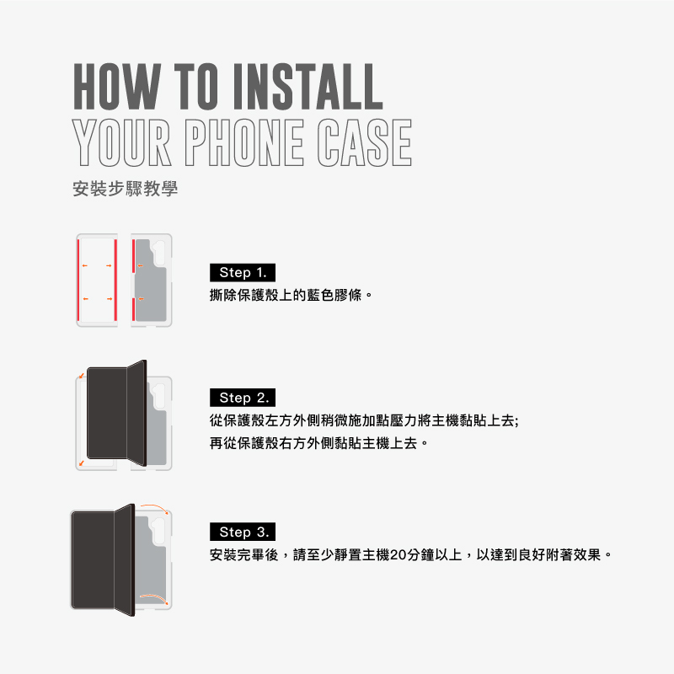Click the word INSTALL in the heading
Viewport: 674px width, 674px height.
pos(308,87)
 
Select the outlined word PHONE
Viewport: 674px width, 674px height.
pos(244,142)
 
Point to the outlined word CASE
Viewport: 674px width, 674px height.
pos(364,142)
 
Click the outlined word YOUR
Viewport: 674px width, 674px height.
pos(122,142)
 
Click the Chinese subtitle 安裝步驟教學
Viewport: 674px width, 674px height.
pos(125,189)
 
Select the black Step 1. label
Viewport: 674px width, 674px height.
pos(243,272)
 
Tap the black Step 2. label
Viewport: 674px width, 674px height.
pos(243,398)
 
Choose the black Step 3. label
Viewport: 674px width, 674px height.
pos(243,532)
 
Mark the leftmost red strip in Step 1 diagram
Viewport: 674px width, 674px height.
pos(78,281)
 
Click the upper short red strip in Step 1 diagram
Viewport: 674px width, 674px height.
pos(134,256)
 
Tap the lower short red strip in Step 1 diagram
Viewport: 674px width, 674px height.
pos(134,309)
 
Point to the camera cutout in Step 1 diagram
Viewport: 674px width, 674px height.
pos(159,254)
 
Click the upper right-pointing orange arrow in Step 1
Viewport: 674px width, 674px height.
pos(110,265)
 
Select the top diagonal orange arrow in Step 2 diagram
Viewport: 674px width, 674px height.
pos(82,376)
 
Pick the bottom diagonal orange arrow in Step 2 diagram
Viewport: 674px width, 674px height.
pos(81,463)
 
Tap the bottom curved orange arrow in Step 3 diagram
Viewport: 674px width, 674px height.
pos(155,597)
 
